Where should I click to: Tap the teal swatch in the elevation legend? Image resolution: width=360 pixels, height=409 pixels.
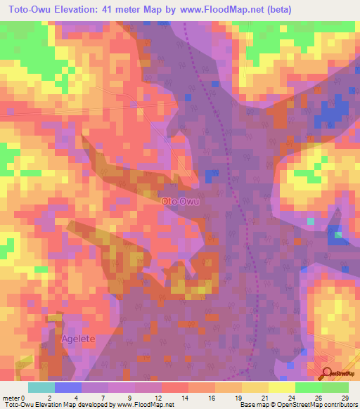[41, 387]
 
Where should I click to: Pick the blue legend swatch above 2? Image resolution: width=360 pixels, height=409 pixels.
[68, 387]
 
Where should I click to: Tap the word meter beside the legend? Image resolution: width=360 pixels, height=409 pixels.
[11, 397]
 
